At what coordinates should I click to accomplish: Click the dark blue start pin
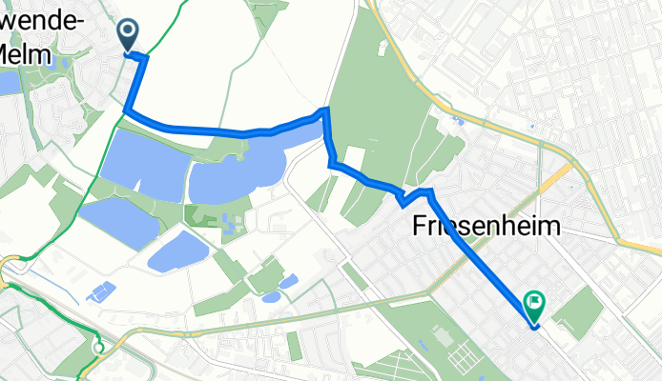(128, 35)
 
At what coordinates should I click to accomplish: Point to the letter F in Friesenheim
(421, 226)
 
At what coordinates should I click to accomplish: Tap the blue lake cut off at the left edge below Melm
(9, 83)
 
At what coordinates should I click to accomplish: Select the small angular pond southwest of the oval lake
(100, 290)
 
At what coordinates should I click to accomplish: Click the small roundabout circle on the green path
(97, 348)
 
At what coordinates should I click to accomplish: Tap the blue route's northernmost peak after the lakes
(326, 111)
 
